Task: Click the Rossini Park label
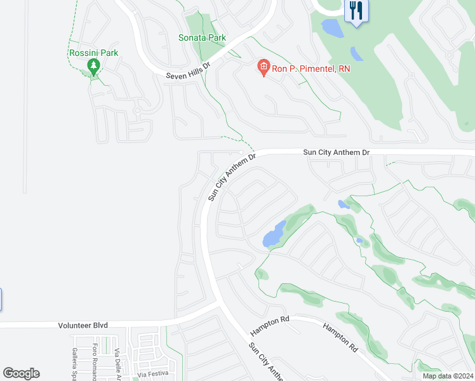coord(93,53)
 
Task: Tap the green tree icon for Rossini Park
coord(93,66)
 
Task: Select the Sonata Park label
coord(202,38)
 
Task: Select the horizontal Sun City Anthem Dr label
coord(336,152)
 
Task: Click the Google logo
coord(21,373)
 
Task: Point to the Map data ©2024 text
coord(448,376)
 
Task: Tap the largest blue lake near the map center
coord(274,234)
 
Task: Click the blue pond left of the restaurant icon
coord(331,27)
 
